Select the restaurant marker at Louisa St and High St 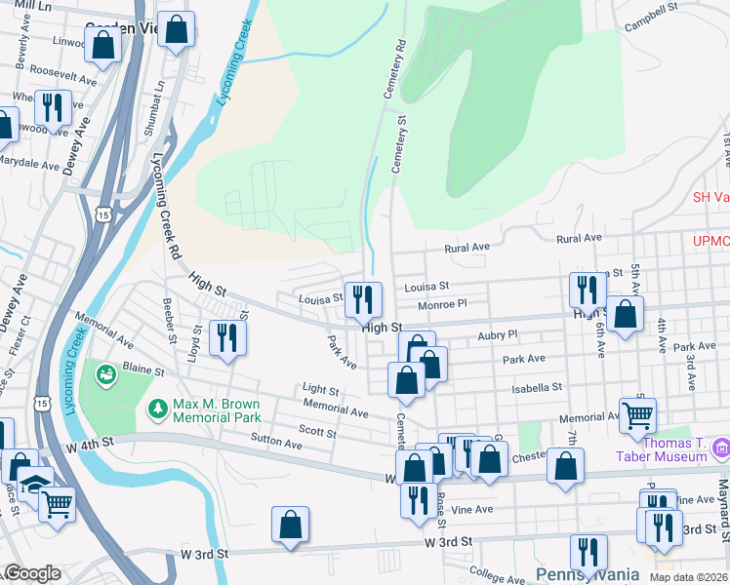click(363, 299)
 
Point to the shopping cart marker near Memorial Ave click(637, 415)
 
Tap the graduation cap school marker click(33, 486)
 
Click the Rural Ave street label click(578, 238)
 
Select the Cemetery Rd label click(400, 58)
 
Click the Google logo click(32, 573)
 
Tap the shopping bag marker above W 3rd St click(291, 525)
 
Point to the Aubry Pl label click(497, 333)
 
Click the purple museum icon click(721, 448)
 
